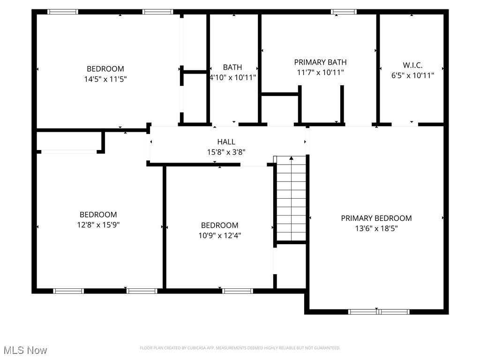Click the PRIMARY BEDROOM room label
pos(376,218)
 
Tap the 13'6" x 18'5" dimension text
pos(376,229)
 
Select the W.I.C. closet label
pos(412,65)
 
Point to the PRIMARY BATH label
pos(320,62)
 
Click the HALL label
pos(226,142)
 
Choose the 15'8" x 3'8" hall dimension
pos(226,152)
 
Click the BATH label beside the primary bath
pos(232,67)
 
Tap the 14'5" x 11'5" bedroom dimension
pos(105,79)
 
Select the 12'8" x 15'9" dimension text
pos(98,225)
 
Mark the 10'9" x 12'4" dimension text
pos(219,236)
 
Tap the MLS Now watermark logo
pos(25,350)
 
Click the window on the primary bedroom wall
pos(379,312)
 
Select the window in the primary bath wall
pos(344,12)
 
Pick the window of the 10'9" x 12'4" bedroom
pos(237,291)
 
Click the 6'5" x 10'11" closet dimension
pos(412,75)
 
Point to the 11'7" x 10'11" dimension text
pos(320,73)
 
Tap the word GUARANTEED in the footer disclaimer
pos(326,348)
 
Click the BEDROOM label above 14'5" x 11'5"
pos(105,69)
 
